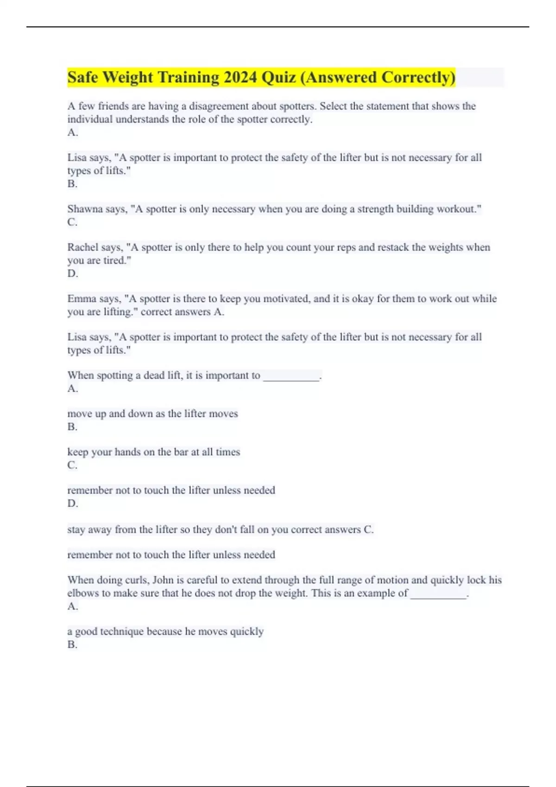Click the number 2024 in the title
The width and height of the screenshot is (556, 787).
pos(240,77)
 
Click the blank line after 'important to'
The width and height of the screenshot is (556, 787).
pos(291,376)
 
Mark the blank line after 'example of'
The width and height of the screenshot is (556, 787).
pos(439,593)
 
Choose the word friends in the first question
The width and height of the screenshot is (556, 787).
pos(114,106)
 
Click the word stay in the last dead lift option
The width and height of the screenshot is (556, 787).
pos(76,530)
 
